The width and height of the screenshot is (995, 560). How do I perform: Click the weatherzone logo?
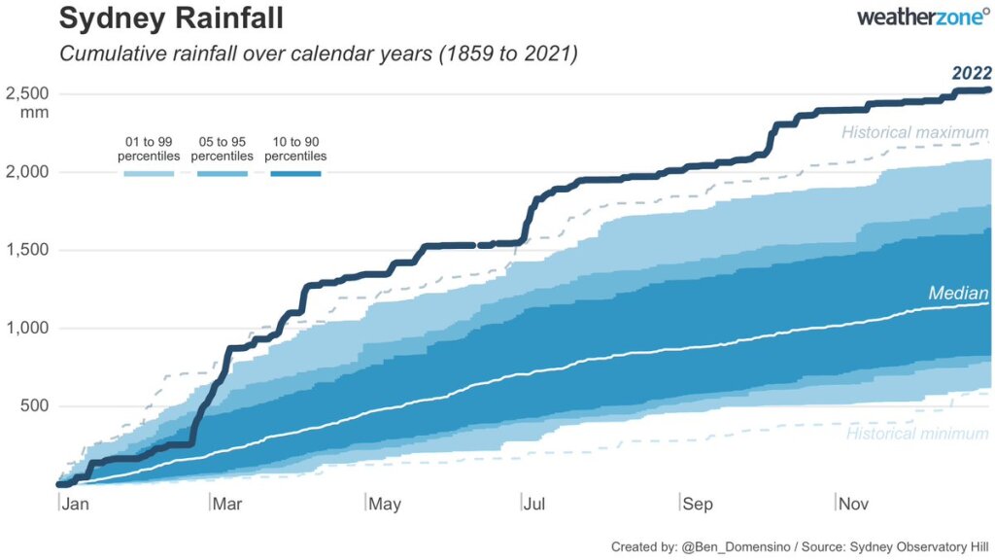click(x=924, y=17)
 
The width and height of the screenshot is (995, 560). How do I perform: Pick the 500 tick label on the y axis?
click(x=33, y=406)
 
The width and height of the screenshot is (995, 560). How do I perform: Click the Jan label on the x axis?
click(x=76, y=504)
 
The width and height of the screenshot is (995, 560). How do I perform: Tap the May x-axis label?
click(x=386, y=504)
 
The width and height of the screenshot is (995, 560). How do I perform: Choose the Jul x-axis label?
click(x=539, y=504)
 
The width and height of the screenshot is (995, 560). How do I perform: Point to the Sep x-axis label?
click(x=697, y=504)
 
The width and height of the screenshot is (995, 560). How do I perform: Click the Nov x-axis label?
click(x=853, y=504)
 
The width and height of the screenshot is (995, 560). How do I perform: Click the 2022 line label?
click(x=971, y=73)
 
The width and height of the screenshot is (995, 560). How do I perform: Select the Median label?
click(x=958, y=293)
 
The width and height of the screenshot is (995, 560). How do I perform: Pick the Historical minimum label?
click(x=917, y=434)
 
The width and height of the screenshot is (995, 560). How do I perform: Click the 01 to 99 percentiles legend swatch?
click(x=149, y=174)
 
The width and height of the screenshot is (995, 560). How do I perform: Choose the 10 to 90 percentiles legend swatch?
click(x=294, y=174)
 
